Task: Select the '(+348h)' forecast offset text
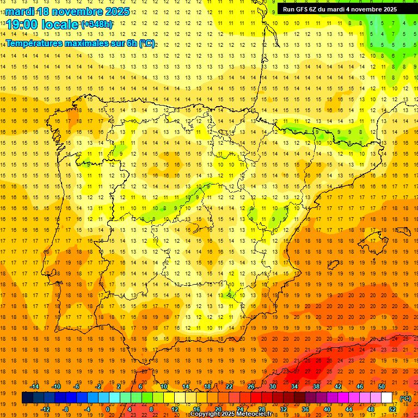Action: pos(97,24)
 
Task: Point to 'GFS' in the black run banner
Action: pos(305,9)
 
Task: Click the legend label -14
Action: pos(35,386)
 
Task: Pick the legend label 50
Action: pos(382,386)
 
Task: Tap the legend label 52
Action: pos(392,409)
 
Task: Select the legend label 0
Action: pos(108,409)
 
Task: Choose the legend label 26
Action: pos(251,386)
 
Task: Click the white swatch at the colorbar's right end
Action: pos(386,398)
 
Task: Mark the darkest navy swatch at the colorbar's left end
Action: pos(27,398)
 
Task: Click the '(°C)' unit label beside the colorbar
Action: pos(405,398)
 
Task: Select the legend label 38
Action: pos(316,386)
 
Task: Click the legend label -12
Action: pos(46,409)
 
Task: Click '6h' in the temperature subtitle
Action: pos(130,44)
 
